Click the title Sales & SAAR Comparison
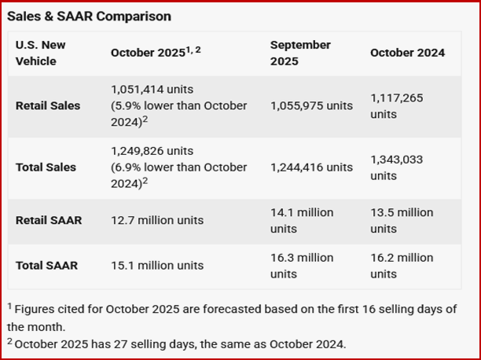(88, 16)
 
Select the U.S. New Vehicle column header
(41, 53)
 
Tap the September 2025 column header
(300, 53)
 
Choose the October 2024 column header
(407, 53)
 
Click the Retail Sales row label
(48, 105)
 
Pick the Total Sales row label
(46, 167)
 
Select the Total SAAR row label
(46, 265)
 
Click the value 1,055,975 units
(312, 105)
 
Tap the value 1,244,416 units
(312, 167)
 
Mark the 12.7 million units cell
(157, 220)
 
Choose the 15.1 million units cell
(157, 265)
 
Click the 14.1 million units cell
(302, 220)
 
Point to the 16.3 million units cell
(302, 265)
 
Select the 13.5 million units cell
(402, 220)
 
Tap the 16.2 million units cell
(402, 265)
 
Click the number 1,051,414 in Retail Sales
(138, 90)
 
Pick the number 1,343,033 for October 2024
(397, 159)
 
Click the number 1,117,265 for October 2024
(397, 97)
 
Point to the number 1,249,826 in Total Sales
(138, 151)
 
